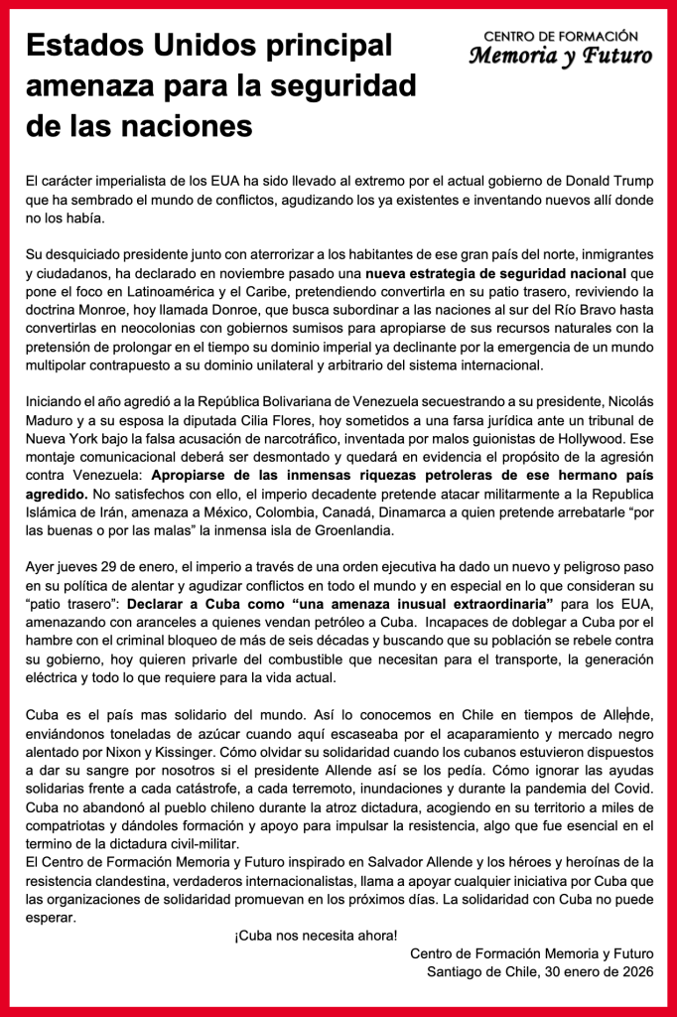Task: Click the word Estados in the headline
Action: pyautogui.click(x=80, y=47)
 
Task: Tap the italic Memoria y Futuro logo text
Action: pyautogui.click(x=561, y=56)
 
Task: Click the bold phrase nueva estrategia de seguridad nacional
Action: pyautogui.click(x=495, y=273)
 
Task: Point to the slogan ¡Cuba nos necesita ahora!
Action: pyautogui.click(x=315, y=936)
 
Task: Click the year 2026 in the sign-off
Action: pyautogui.click(x=636, y=972)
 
